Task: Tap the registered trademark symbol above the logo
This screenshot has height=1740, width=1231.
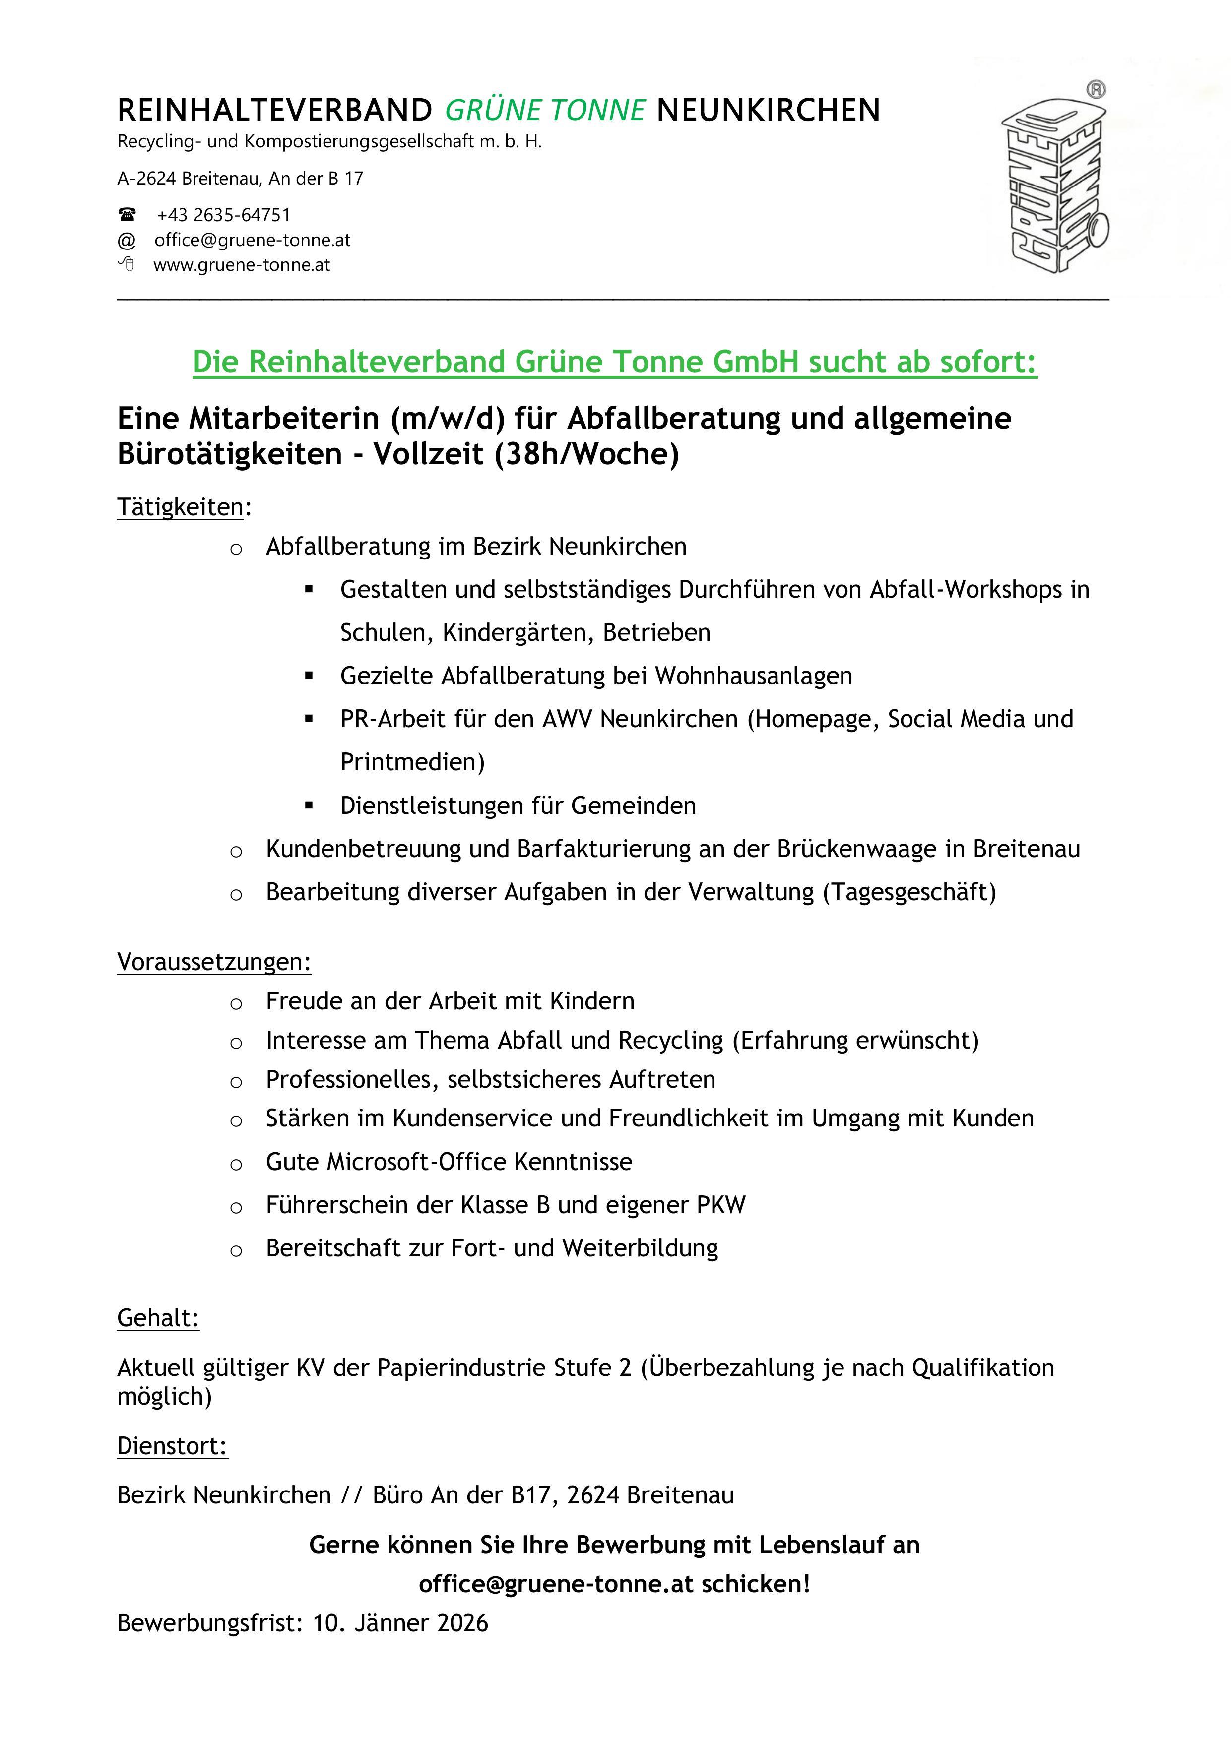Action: (x=1096, y=89)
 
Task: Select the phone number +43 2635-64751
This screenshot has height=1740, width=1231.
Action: (x=224, y=215)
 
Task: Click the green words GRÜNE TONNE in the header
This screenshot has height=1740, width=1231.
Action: (x=545, y=111)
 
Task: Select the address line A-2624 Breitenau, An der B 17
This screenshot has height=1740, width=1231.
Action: (x=240, y=179)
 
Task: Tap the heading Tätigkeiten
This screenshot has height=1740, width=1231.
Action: (x=181, y=507)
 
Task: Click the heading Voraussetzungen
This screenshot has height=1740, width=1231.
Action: (x=214, y=962)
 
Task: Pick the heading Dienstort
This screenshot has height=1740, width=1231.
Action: (x=172, y=1446)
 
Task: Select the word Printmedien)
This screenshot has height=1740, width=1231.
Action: (x=412, y=762)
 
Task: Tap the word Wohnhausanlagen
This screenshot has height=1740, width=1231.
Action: (x=754, y=675)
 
